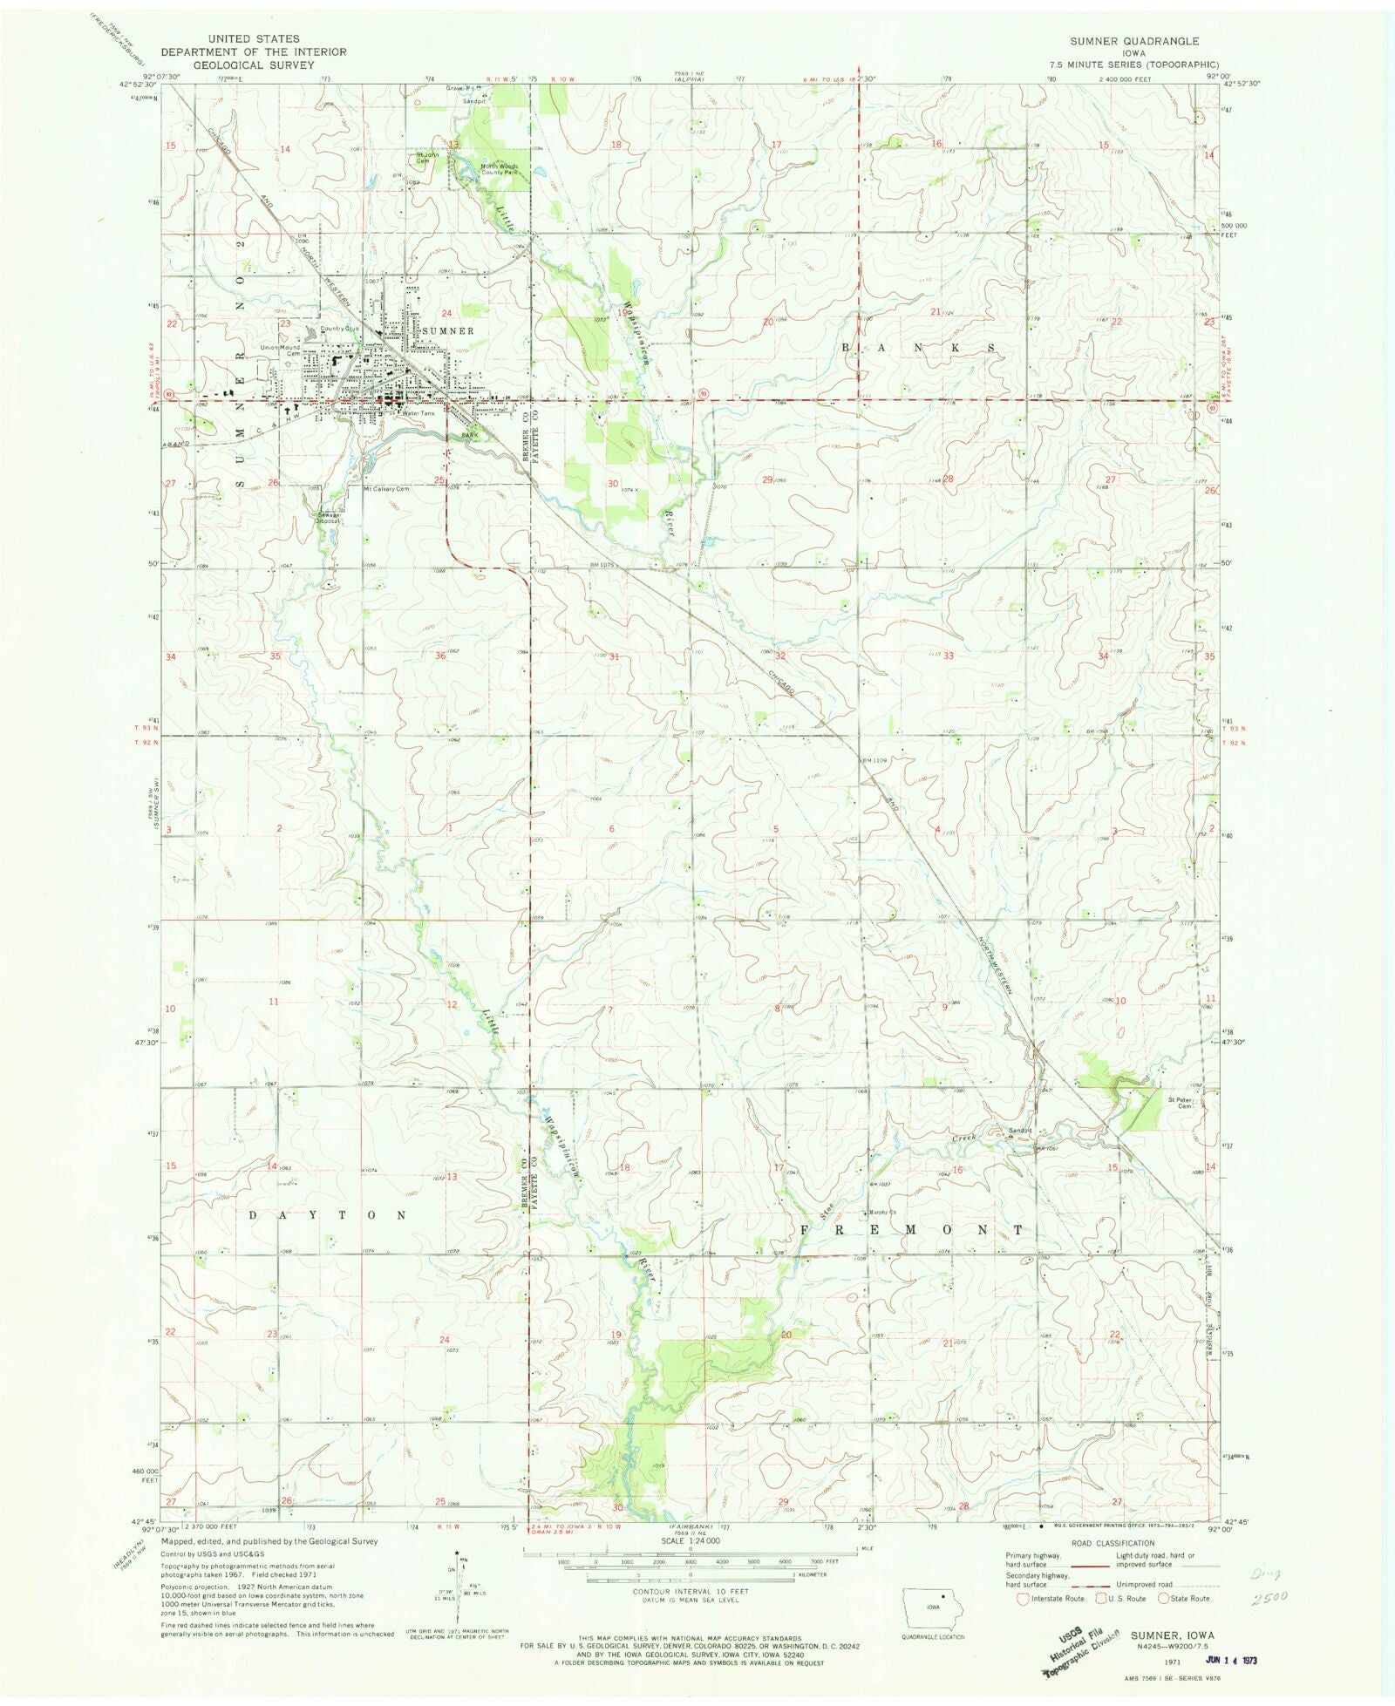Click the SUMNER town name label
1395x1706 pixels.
click(447, 331)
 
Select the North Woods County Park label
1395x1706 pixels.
click(499, 169)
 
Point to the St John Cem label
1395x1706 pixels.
click(424, 160)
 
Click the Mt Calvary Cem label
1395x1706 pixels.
click(385, 489)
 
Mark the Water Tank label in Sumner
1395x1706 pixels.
click(418, 413)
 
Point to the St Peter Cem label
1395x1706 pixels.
click(1180, 1103)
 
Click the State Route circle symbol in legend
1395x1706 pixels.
click(1163, 1598)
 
